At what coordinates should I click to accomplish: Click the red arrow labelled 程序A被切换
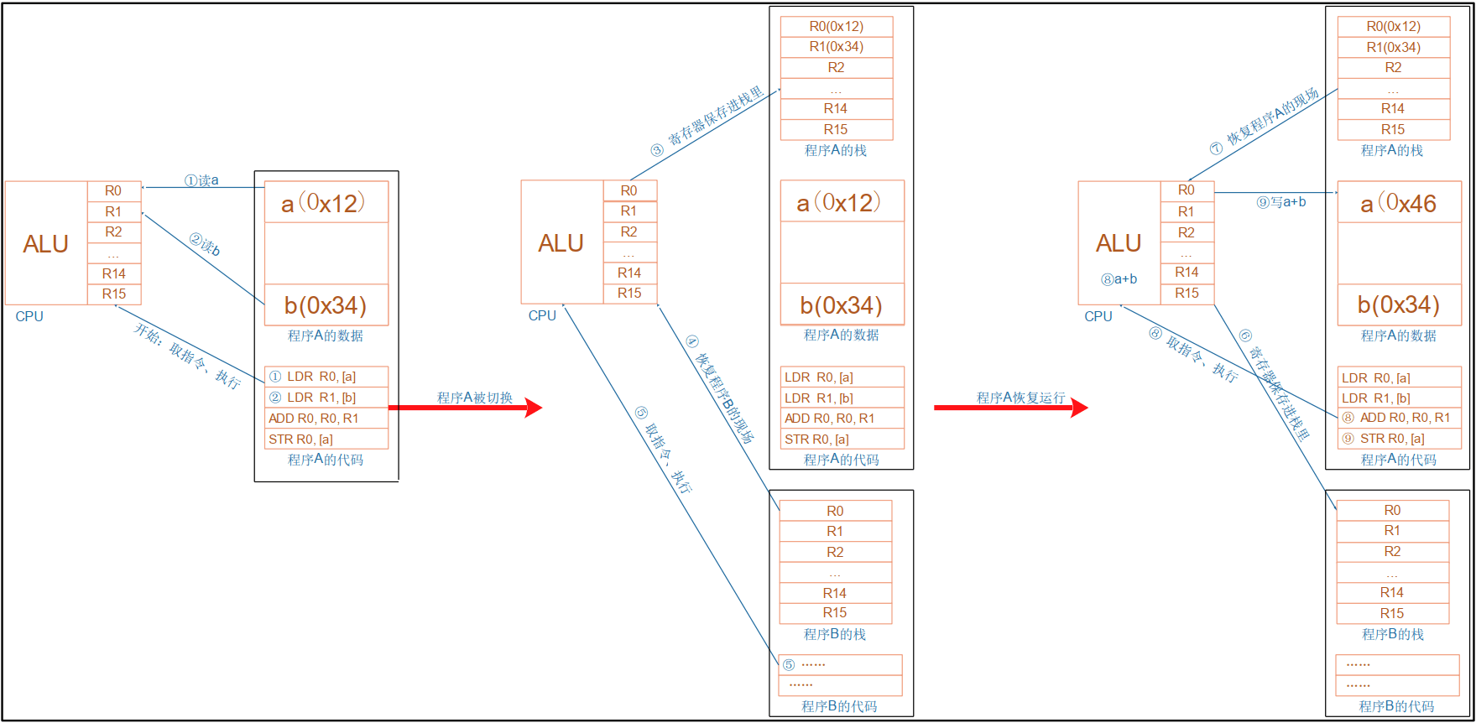(465, 408)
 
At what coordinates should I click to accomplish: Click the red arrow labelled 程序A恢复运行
(1010, 408)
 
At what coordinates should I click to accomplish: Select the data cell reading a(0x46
(1399, 203)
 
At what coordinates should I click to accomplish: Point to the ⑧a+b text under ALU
(1119, 279)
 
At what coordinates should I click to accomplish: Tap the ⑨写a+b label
(1280, 202)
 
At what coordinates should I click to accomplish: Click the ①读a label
(201, 180)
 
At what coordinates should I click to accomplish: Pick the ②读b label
(205, 245)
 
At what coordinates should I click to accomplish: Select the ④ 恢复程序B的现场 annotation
(720, 388)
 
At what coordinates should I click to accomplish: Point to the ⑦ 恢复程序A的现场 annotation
(1265, 122)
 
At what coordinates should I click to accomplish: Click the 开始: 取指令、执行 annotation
(187, 356)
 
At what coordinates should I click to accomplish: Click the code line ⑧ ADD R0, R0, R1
(1399, 418)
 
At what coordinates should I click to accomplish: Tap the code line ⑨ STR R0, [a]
(1399, 439)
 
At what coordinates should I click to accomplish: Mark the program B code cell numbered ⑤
(840, 664)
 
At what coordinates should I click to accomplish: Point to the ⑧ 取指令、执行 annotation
(1193, 354)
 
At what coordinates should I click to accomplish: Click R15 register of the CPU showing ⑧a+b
(1187, 293)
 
